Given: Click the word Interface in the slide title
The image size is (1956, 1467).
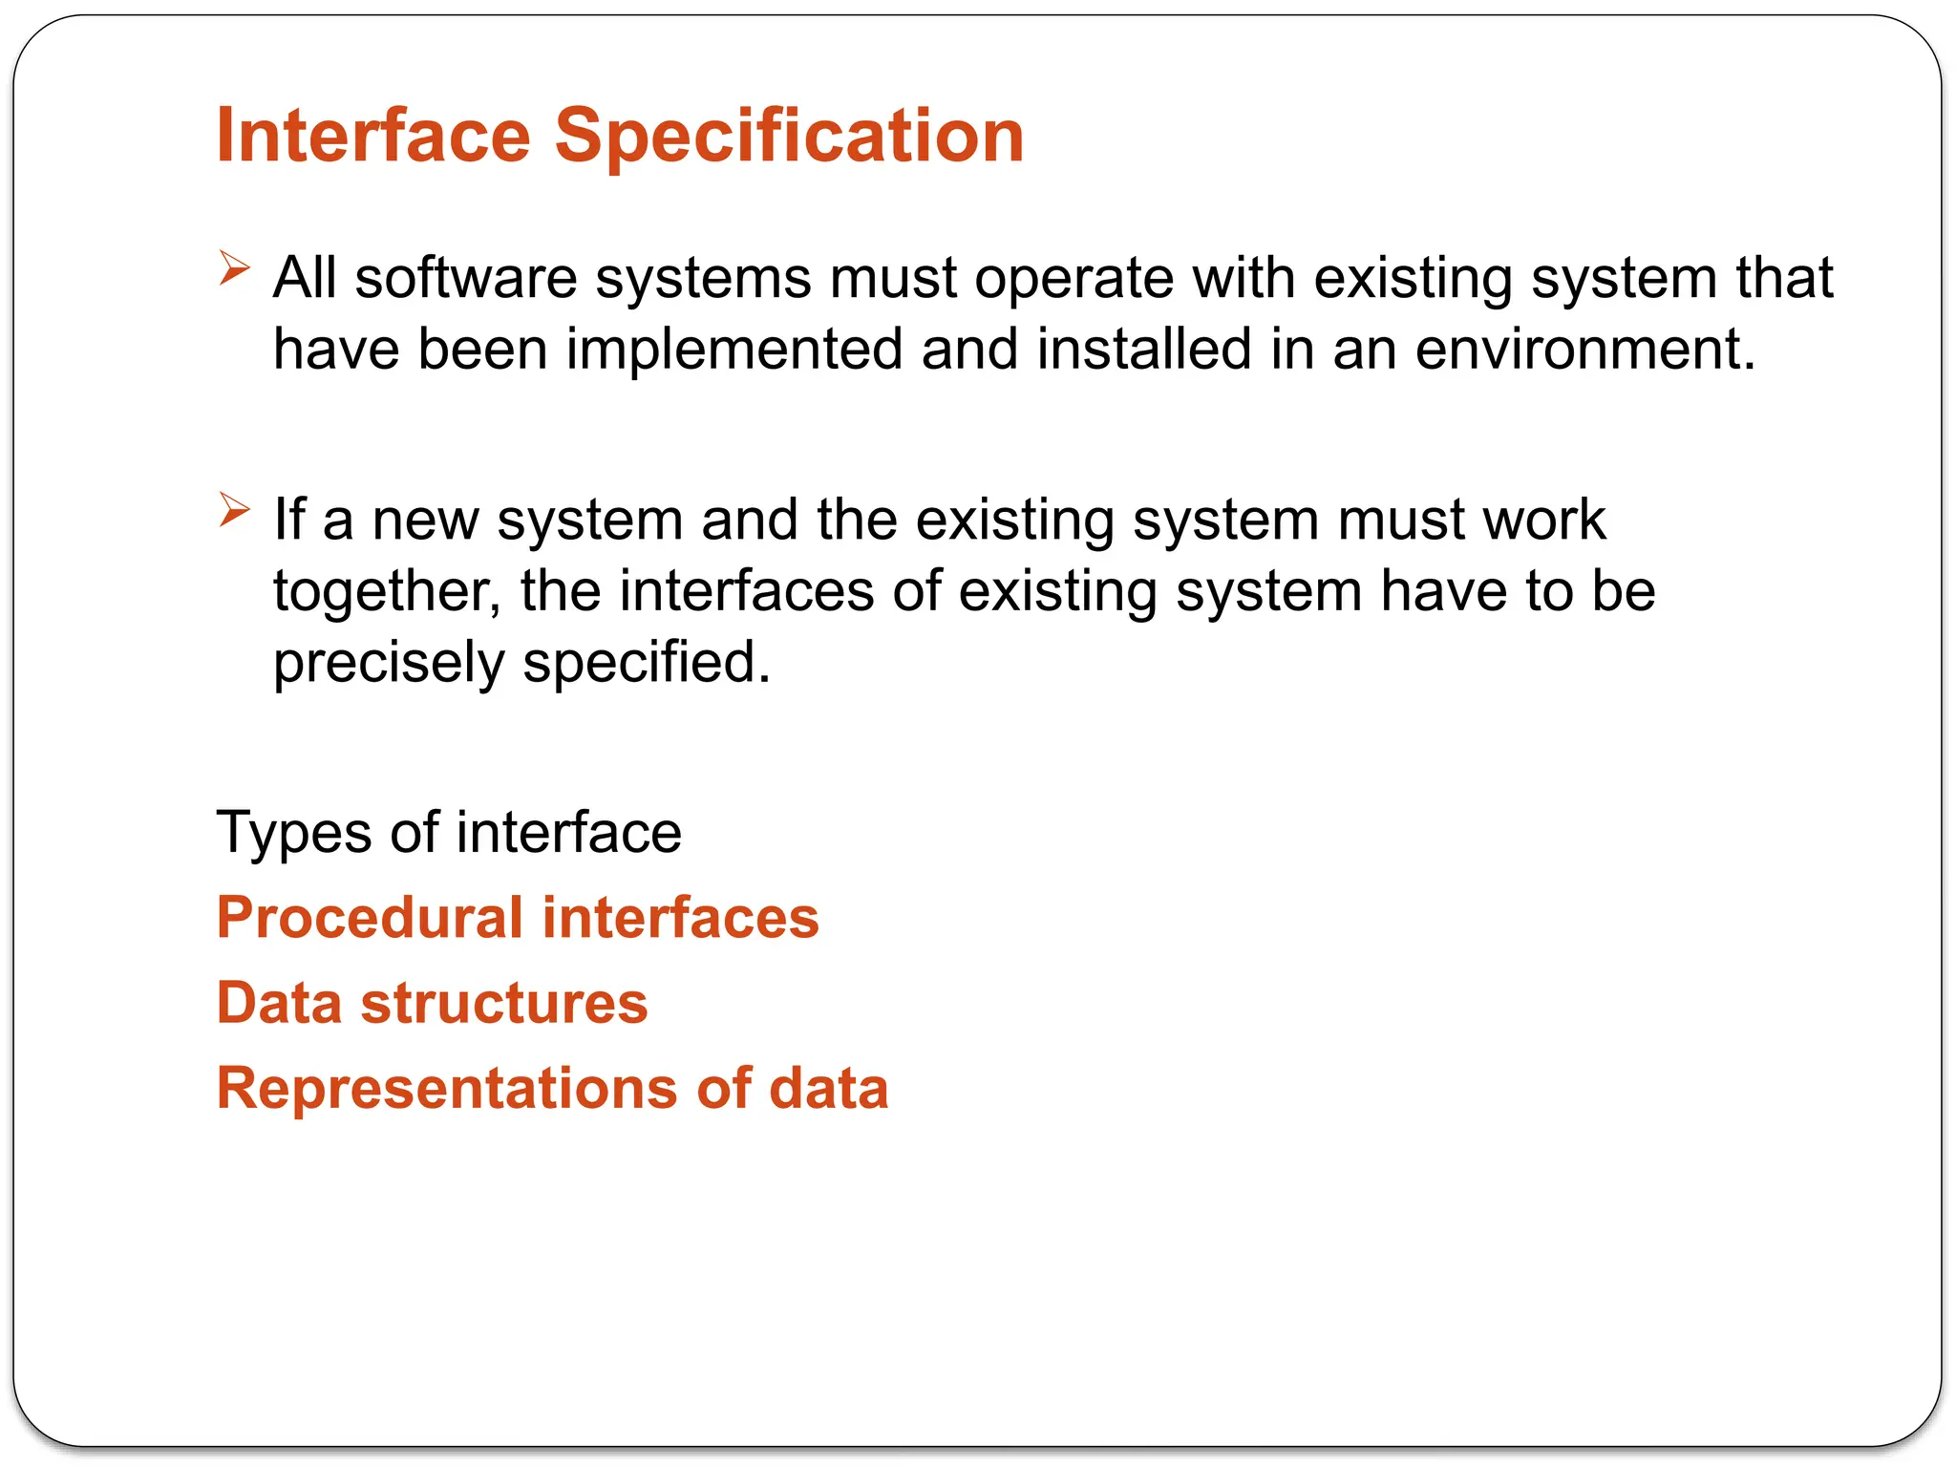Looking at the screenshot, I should [x=372, y=136].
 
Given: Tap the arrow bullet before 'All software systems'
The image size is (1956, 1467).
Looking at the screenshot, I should [x=233, y=267].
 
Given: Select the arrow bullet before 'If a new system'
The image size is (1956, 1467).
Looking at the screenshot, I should [x=233, y=509].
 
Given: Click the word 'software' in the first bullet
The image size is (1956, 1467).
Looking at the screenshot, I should [x=466, y=278].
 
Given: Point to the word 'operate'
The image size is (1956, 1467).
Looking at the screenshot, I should [x=1074, y=278].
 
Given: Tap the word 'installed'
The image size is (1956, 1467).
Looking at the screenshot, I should [x=1143, y=349].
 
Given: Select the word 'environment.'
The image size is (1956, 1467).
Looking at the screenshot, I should [x=1584, y=349].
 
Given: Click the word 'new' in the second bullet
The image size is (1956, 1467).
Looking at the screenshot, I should [x=425, y=521].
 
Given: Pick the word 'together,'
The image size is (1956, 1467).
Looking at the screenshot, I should [x=387, y=591].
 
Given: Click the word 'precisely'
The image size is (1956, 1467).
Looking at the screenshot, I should [x=389, y=662].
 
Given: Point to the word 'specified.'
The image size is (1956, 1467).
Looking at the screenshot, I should [x=647, y=662].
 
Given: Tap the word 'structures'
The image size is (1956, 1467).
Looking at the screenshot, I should [x=504, y=1003].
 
